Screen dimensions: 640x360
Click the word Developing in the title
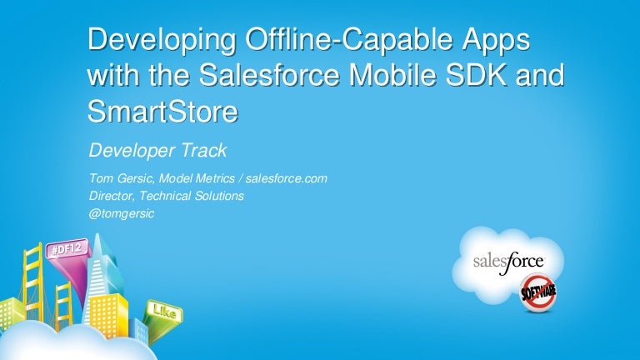pos(162,41)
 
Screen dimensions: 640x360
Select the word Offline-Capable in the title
pos(349,40)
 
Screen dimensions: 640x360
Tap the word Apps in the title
pos(497,41)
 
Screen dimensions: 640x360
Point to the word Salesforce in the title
pos(269,75)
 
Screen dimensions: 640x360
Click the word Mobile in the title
pos(393,75)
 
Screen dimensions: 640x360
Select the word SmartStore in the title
pos(162,111)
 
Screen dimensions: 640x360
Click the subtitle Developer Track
pos(157,150)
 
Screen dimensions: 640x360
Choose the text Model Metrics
pos(197,178)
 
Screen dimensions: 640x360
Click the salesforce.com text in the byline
pos(286,178)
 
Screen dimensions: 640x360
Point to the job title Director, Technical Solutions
pos(167,196)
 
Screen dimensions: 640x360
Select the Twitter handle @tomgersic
pos(121,213)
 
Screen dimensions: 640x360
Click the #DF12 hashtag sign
pos(67,248)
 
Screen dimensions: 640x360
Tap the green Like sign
pos(164,312)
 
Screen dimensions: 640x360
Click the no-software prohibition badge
pos(538,292)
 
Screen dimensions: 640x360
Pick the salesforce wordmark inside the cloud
pos(508,262)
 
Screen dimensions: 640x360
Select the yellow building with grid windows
pos(108,314)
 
